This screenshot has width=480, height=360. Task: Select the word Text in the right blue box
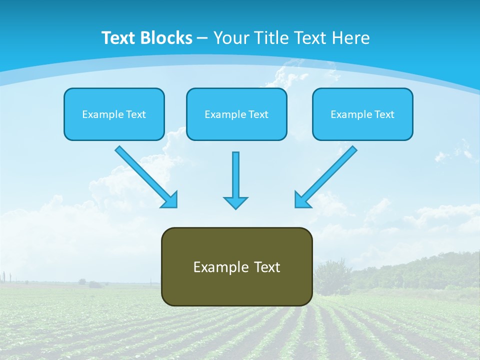coord(384,114)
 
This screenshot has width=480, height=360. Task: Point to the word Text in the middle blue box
coord(258,114)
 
